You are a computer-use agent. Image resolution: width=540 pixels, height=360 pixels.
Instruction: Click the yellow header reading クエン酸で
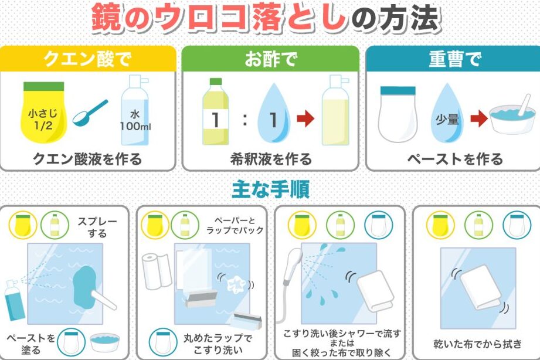click(x=88, y=59)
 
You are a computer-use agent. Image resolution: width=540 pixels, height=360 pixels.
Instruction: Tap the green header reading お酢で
click(x=270, y=59)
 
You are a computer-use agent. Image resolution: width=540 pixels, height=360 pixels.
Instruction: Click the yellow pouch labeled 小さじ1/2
click(x=44, y=112)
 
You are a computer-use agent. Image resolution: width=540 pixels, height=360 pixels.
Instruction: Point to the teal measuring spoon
click(x=90, y=113)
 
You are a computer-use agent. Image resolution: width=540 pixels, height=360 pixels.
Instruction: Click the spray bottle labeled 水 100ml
click(x=135, y=110)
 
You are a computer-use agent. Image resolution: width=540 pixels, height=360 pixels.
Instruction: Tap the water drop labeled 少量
click(x=447, y=114)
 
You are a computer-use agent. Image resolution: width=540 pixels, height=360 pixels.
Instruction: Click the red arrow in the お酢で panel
click(x=305, y=118)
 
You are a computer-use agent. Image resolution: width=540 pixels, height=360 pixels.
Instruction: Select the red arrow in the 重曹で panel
click(x=479, y=118)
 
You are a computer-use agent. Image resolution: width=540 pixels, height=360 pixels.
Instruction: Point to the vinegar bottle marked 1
click(x=216, y=111)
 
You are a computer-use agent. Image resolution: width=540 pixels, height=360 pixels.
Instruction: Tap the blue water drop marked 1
click(x=273, y=113)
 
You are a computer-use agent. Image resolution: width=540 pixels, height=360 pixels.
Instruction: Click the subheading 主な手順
click(x=270, y=189)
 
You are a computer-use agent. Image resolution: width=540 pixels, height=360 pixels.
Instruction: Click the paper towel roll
click(x=157, y=271)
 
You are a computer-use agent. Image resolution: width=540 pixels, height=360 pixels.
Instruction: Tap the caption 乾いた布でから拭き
click(x=478, y=344)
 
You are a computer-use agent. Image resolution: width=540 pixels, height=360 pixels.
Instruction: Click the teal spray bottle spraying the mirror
click(x=14, y=300)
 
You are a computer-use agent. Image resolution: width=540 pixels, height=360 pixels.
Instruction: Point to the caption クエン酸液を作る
click(x=87, y=159)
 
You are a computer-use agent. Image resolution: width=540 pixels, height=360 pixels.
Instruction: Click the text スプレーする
click(x=97, y=227)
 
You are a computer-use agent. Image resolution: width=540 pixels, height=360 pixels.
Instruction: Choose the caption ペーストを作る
click(x=454, y=159)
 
